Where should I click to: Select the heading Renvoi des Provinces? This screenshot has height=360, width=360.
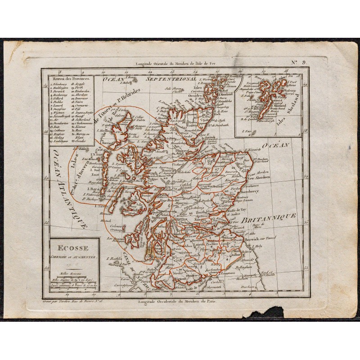pos(70,78)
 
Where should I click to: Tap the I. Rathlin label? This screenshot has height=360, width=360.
pos(116,258)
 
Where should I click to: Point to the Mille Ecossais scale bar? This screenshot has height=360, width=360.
pos(67,273)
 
